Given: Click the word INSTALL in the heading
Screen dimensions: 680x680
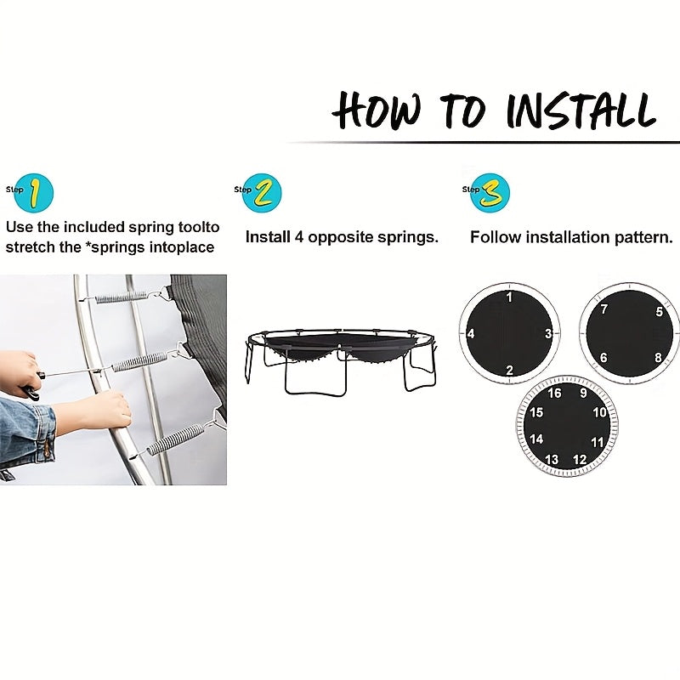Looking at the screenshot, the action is coord(581,110).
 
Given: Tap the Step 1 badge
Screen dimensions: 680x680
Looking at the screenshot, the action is coord(31,193).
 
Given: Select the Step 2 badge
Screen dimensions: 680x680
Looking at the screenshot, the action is coord(259,193).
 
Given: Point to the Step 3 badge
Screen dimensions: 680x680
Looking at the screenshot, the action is coord(487,193).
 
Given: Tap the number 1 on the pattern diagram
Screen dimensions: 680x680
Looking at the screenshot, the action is coord(509,297).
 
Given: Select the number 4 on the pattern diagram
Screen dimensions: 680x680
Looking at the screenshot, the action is coord(471,333).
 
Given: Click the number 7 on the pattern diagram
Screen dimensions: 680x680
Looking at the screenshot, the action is coord(604,309).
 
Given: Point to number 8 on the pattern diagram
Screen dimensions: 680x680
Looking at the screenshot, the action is coord(658,357).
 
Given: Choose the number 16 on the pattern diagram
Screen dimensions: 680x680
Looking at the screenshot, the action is coord(554,393).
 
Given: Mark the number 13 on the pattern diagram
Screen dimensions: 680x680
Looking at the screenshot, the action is coord(551,459).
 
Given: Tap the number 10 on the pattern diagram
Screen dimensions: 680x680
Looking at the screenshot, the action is coord(599,412).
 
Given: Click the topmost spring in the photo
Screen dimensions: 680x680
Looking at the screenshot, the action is coord(122,297).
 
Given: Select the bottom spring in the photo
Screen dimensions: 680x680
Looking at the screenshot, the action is coord(176,439).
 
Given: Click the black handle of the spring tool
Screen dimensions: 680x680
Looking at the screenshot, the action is coord(31,386).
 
